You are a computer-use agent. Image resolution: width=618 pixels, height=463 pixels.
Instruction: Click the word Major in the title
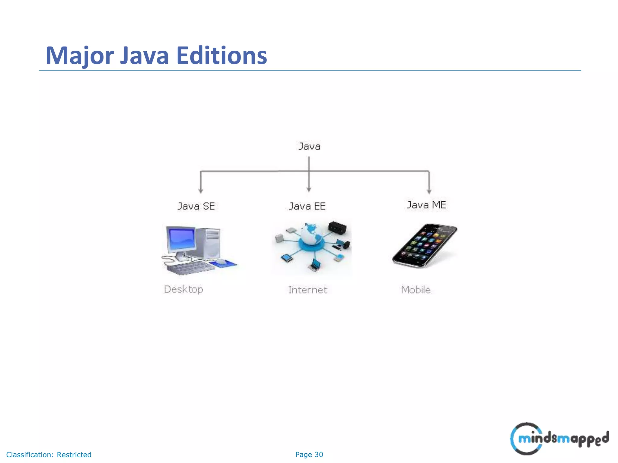point(80,56)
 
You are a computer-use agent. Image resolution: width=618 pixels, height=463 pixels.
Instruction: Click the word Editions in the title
point(222,56)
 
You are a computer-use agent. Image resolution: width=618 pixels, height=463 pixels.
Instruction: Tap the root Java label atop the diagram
point(309,146)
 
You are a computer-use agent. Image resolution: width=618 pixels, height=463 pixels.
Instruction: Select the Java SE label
point(196,206)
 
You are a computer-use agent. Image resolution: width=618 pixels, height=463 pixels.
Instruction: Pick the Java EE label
point(307,206)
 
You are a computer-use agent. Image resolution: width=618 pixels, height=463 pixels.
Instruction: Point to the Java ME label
point(426,205)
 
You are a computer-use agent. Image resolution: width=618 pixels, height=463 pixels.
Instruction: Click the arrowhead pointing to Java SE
point(201,191)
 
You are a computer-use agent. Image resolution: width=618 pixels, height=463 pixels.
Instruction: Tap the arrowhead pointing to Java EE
point(309,189)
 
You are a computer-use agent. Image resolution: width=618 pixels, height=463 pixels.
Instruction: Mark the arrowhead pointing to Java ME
point(429,191)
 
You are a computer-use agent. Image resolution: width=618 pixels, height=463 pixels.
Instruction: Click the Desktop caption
point(183,289)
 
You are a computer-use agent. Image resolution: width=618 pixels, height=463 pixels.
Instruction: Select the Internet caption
point(308,290)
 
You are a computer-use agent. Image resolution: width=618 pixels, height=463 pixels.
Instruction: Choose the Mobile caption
point(416,290)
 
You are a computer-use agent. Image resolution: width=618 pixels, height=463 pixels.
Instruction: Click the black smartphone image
point(425,246)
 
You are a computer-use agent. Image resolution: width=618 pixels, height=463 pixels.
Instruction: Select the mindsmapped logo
point(559,439)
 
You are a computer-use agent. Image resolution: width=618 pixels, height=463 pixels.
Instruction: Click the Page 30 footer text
point(309,455)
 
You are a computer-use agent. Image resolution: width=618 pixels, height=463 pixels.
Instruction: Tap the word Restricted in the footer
point(74,455)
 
